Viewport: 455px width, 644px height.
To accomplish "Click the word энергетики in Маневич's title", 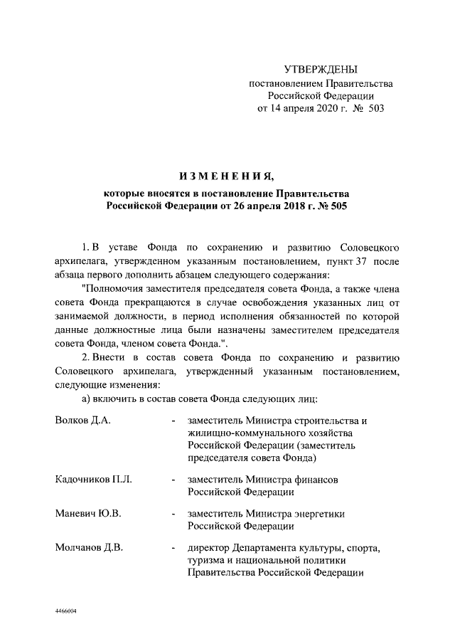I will pos(338,513).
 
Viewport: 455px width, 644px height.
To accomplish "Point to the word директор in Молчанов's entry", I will pos(208,547).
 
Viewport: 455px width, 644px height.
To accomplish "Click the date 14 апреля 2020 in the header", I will pos(299,110).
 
